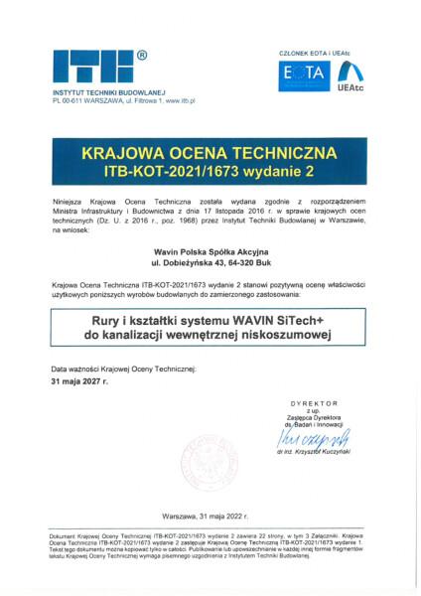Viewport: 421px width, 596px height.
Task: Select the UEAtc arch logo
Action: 350,73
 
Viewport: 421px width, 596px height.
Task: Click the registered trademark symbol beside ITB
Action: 142,56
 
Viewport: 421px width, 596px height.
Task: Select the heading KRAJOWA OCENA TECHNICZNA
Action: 210,156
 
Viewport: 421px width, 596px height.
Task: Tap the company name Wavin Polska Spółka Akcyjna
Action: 210,252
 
